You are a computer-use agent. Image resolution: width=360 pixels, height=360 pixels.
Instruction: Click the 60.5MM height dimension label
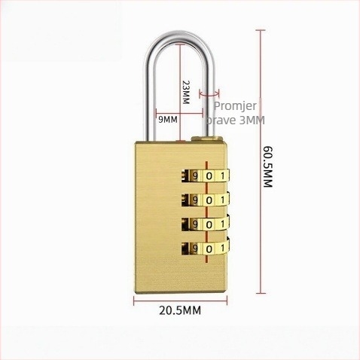[267, 167]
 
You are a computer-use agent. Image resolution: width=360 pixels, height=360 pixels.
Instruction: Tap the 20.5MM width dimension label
[180, 310]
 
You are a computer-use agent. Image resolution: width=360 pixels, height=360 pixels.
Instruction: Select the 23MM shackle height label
[186, 92]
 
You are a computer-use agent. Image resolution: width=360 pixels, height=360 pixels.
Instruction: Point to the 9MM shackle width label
[168, 120]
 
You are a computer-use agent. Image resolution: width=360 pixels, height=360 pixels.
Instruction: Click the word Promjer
[235, 105]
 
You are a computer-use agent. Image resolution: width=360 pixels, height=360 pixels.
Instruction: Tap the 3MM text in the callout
[252, 121]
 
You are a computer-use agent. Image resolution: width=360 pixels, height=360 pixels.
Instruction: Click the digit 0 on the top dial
[209, 176]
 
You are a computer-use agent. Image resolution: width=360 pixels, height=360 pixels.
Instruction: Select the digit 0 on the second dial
[209, 200]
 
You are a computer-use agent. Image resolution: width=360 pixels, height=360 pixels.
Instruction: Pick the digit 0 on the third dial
[209, 224]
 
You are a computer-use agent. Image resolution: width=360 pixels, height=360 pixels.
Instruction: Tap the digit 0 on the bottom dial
[209, 249]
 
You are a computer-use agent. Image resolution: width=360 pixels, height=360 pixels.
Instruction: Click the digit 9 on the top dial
[195, 176]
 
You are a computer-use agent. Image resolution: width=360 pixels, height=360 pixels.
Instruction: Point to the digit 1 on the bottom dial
[222, 249]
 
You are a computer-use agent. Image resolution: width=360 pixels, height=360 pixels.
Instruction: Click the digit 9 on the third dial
[195, 224]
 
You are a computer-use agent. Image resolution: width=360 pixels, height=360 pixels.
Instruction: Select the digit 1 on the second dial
[222, 200]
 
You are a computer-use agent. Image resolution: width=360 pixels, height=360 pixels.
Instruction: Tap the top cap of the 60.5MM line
[261, 30]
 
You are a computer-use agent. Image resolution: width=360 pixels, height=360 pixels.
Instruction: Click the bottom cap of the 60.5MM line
[261, 293]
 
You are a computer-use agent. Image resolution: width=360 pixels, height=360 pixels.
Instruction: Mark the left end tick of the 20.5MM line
[134, 301]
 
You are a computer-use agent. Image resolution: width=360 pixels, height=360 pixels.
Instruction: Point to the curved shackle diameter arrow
[209, 95]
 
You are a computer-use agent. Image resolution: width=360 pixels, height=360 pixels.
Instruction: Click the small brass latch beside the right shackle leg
[207, 139]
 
